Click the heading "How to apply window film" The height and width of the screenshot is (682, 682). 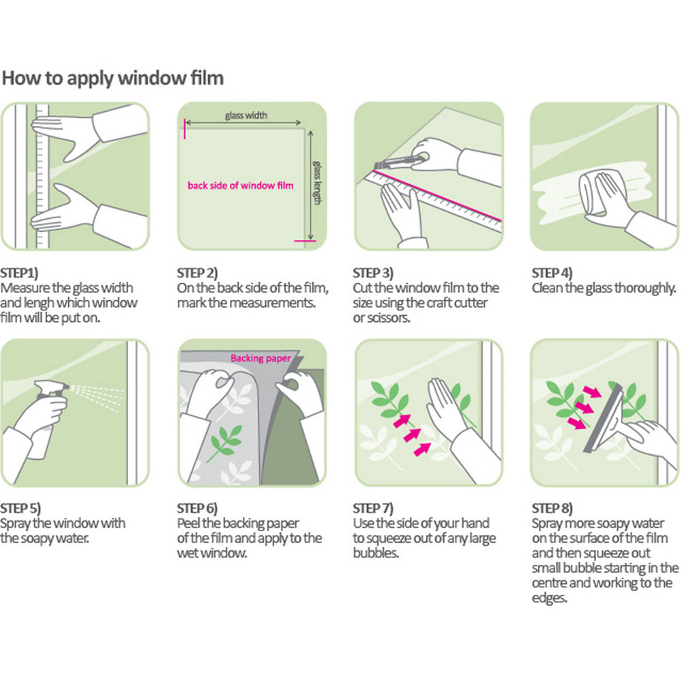click(x=113, y=78)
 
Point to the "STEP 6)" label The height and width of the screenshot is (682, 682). click(x=197, y=508)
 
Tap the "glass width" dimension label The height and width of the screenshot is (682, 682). click(x=246, y=115)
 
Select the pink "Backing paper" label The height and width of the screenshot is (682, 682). click(x=260, y=358)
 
